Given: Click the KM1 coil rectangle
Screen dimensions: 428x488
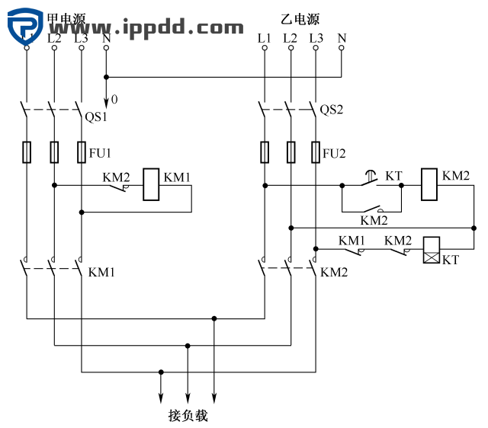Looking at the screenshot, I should (152, 185).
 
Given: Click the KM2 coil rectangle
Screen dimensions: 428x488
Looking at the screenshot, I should (430, 185).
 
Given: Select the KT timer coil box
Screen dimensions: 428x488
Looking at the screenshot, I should (432, 249).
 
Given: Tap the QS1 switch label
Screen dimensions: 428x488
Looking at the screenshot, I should (95, 117).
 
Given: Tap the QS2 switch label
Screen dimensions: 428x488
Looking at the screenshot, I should (332, 110).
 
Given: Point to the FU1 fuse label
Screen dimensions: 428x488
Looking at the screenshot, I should (100, 153).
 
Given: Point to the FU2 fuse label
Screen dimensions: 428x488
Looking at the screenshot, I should (334, 153).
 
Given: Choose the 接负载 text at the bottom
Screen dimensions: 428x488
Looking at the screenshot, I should (188, 416).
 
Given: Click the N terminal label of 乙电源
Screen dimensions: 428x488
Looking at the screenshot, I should (341, 37).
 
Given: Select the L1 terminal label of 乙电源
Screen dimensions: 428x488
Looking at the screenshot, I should (264, 37).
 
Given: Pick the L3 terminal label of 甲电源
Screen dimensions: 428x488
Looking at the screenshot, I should (81, 37).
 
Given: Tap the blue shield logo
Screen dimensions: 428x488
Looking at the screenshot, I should (26, 24).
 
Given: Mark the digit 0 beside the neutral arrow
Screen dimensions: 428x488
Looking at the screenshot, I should (114, 100).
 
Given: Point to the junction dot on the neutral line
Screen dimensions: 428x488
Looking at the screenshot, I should (106, 76).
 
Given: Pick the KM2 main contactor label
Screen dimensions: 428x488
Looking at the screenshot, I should (334, 272).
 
